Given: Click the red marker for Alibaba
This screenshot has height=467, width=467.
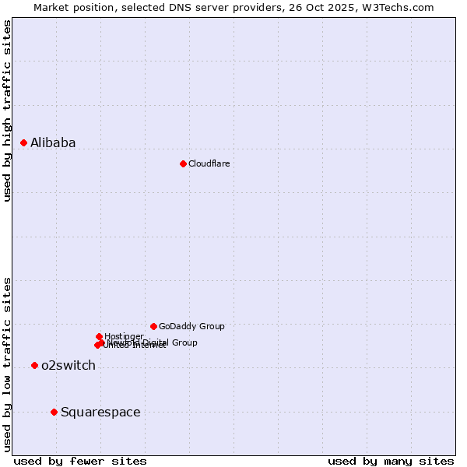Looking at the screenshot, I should pos(24,142).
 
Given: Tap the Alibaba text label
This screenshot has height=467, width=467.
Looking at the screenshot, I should pos(53,142).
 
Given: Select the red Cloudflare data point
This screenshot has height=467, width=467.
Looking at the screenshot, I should pos(183,163).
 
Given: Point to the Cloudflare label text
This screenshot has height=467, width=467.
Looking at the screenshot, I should pos(209,163).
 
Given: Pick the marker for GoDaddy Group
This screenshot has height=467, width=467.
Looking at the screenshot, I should pos(153,326).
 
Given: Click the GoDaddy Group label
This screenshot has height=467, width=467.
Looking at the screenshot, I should pos(191,326).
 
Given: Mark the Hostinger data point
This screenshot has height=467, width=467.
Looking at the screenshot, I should pos(99,336).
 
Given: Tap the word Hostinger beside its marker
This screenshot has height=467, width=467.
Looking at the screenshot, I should pos(124,336).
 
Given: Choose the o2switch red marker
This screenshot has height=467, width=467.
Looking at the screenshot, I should pos(34,365).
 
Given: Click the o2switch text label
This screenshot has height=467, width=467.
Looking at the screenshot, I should pos(68,366).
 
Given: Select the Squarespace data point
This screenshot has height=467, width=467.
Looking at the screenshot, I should pos(54,412).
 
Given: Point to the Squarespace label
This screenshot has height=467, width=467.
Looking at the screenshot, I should pos(100,413).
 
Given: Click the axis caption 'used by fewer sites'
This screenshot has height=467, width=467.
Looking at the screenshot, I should pos(80,461).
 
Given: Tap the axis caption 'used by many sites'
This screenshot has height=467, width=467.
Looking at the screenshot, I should pos(391,461).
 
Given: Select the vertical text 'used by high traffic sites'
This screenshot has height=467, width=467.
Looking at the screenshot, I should pos(7,111).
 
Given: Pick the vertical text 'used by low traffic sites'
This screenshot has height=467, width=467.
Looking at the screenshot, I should pos(7,364).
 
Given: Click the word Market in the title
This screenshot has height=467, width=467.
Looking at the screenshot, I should pos(51,7).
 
